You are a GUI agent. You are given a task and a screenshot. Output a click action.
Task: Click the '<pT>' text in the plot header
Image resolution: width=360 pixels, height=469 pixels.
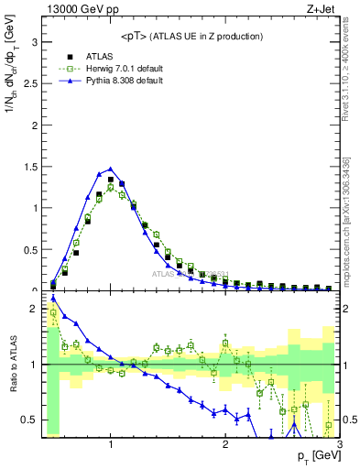pyautogui.click(x=136, y=36)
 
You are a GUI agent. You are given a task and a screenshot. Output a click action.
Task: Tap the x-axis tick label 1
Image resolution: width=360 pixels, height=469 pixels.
pyautogui.click(x=111, y=446)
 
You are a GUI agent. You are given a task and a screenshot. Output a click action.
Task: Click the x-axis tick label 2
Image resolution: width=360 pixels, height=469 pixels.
pyautogui.click(x=225, y=446)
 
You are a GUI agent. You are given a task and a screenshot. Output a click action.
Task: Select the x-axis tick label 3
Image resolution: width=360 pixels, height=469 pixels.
pyautogui.click(x=339, y=446)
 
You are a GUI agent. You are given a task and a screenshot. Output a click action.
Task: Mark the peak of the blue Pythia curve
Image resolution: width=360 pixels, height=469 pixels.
pyautogui.click(x=111, y=169)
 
